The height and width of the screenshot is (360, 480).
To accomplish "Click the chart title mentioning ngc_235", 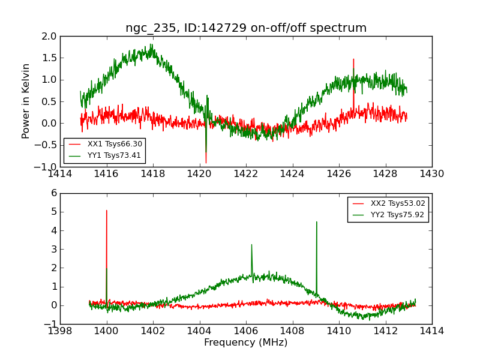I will (x=246, y=28).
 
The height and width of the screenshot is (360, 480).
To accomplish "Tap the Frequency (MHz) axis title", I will (x=246, y=343).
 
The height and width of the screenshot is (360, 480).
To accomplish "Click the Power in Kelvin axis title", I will (x=26, y=101).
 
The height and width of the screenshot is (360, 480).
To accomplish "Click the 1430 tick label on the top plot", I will (x=431, y=174).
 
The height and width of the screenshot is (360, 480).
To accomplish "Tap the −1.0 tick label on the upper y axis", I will (x=48, y=167).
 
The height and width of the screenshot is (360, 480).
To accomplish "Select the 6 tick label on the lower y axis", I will (x=54, y=193).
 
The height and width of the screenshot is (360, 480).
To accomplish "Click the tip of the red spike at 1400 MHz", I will (x=107, y=210).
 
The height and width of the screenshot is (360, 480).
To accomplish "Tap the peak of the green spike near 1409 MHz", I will (x=317, y=221).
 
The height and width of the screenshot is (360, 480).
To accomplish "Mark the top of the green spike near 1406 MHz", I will (x=251, y=244).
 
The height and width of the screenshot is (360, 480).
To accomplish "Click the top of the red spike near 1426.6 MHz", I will (x=353, y=59).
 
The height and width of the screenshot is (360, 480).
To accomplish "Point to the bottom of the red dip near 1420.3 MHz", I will (x=206, y=163).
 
